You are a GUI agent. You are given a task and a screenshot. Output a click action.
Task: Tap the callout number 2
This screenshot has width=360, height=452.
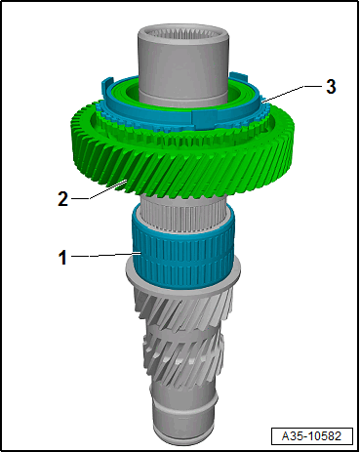coord(62,198)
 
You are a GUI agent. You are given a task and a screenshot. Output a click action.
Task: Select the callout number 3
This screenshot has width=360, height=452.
coord(331,87)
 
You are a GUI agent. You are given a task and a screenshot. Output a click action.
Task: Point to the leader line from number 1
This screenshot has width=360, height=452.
coord(102,256)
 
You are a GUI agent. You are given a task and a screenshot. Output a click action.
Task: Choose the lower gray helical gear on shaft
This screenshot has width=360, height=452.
coord(180,361)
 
